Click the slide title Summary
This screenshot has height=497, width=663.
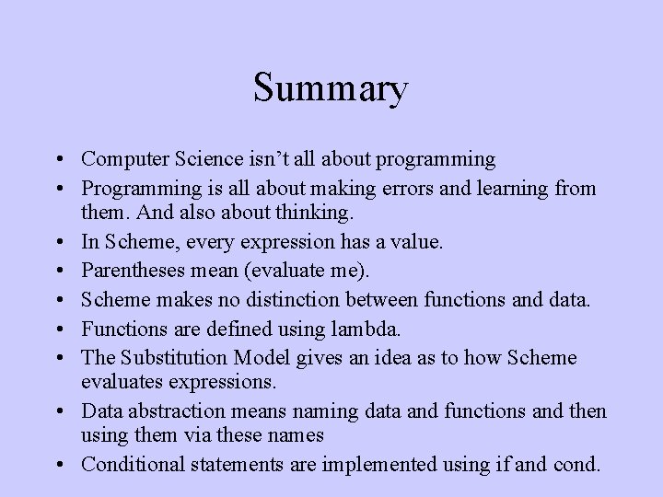click(x=331, y=89)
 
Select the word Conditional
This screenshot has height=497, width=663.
click(x=130, y=464)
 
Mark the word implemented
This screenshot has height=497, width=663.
click(x=378, y=464)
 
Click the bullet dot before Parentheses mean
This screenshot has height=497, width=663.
click(x=60, y=272)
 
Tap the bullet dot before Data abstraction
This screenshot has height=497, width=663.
click(x=60, y=411)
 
